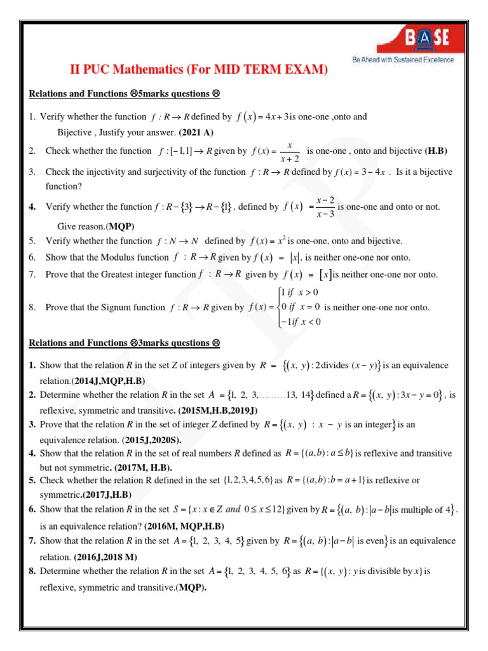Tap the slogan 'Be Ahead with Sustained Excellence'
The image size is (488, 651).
(403, 60)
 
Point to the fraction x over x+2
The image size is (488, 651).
(290, 151)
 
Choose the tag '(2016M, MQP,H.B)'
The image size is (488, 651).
(184, 526)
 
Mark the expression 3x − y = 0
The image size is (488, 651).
(414, 395)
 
